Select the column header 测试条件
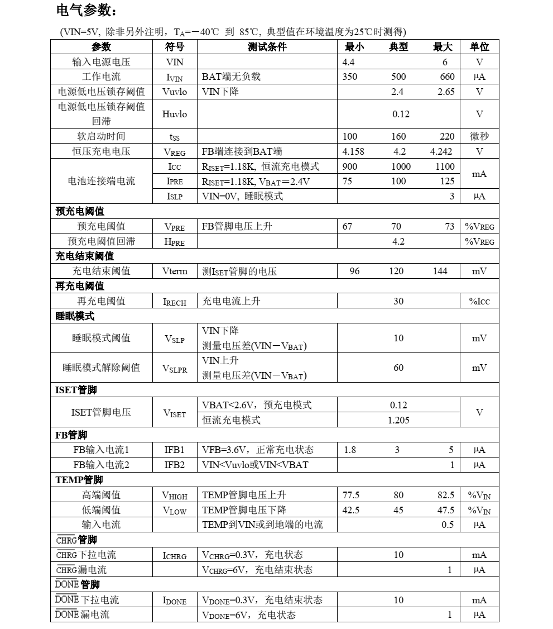point(267,47)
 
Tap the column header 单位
point(479,47)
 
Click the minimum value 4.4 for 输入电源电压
point(349,62)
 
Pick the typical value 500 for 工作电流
point(398,77)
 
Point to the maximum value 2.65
point(446,92)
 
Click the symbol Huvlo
point(175,114)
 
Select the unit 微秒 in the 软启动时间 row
point(479,136)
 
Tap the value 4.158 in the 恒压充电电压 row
point(353,151)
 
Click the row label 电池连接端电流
point(102,181)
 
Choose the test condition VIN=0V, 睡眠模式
point(242,196)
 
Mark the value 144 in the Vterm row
point(440,271)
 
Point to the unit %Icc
point(479,301)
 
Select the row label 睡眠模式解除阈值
point(102,368)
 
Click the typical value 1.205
point(398,420)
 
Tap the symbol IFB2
point(174,465)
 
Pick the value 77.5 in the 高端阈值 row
point(351,495)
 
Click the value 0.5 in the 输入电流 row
point(448,525)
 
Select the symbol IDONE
point(175,601)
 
